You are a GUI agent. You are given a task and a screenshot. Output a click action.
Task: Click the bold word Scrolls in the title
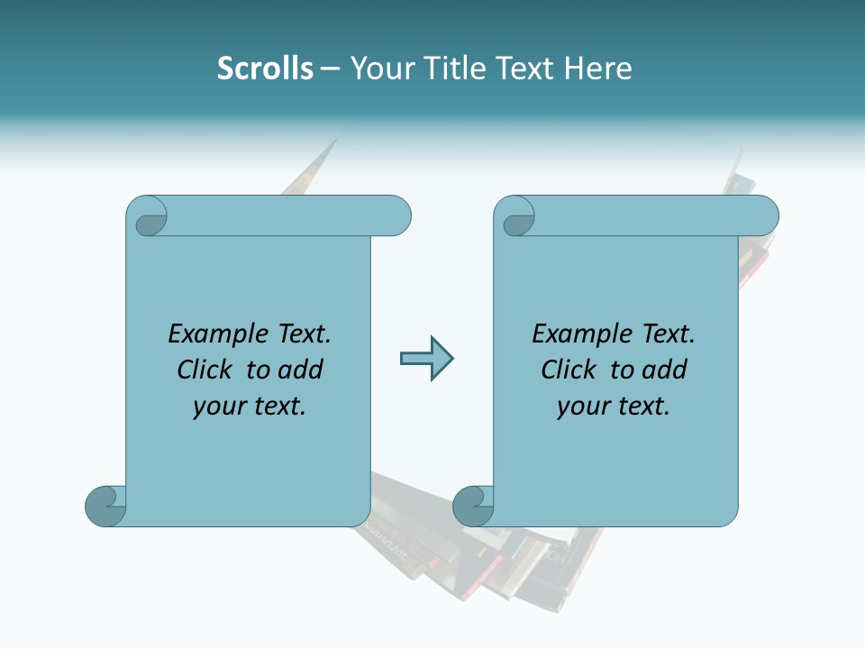pos(265,69)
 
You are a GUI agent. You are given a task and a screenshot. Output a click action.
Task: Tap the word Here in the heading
pos(598,69)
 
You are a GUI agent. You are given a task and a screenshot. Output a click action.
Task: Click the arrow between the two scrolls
pos(426,359)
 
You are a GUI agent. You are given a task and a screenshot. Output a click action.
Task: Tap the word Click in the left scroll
pos(205,370)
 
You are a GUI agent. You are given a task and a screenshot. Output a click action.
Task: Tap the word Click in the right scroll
pos(569,370)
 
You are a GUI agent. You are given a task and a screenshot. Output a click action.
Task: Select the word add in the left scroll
pos(303,370)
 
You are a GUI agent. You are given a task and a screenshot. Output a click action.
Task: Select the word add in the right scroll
pos(667,370)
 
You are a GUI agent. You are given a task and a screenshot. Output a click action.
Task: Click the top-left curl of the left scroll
pos(148,219)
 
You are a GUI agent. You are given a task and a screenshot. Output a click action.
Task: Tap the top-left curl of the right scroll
pos(516,219)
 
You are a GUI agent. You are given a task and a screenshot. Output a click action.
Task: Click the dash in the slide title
pos(331,69)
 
